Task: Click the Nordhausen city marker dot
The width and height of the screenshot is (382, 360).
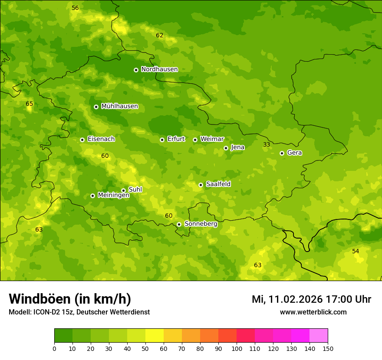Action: pos(136,70)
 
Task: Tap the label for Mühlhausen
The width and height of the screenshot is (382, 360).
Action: pos(119,106)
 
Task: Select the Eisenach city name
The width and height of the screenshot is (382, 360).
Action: pos(101,139)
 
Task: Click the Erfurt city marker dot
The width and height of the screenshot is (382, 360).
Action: pos(162,140)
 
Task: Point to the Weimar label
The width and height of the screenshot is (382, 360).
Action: pos(212,139)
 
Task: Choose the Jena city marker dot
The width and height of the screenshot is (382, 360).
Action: pos(226,148)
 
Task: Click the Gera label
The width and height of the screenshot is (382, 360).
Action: pos(294,153)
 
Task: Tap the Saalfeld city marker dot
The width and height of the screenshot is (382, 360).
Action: pos(201,185)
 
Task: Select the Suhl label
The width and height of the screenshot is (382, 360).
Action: pos(135,190)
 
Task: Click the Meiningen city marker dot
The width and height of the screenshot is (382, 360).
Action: pos(92,196)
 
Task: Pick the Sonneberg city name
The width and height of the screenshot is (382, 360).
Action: pos(201,224)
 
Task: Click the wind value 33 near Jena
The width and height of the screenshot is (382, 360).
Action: pos(267,144)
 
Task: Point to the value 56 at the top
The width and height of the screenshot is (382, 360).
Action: pos(75,8)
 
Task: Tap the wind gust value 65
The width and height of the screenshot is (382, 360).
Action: pos(29,104)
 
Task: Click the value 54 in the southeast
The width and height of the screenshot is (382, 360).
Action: pos(356,251)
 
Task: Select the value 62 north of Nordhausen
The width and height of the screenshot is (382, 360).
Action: pos(159,35)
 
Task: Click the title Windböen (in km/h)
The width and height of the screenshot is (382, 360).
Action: pos(69,299)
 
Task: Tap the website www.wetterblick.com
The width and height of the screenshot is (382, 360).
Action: pos(313,312)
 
